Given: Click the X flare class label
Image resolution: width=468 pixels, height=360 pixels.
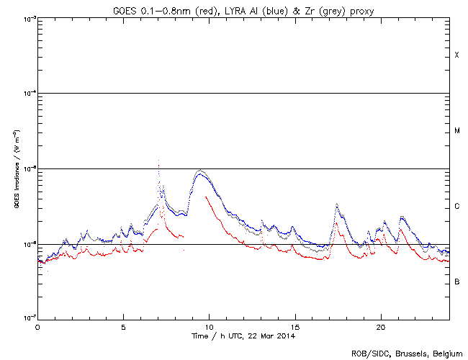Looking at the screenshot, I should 456,55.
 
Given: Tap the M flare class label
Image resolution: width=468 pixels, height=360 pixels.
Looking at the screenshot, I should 456,131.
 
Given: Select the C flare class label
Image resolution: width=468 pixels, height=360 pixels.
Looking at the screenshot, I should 456,207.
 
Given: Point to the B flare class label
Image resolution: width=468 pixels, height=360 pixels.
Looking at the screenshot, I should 456,282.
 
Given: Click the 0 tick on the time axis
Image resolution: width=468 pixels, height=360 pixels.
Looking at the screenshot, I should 37,326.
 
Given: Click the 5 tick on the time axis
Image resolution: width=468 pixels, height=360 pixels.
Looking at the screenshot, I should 123,326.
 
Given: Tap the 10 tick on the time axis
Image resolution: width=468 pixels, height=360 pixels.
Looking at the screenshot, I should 209,326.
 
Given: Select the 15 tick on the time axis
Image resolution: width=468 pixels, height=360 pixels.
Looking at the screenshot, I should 294,326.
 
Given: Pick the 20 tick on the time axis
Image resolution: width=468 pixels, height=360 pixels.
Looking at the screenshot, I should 380,326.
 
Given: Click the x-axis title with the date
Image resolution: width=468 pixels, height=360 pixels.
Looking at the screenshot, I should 243,336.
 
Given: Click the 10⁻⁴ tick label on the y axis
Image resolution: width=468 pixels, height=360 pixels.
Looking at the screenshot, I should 29,93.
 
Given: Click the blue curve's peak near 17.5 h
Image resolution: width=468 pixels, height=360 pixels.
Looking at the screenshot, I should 336,204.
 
